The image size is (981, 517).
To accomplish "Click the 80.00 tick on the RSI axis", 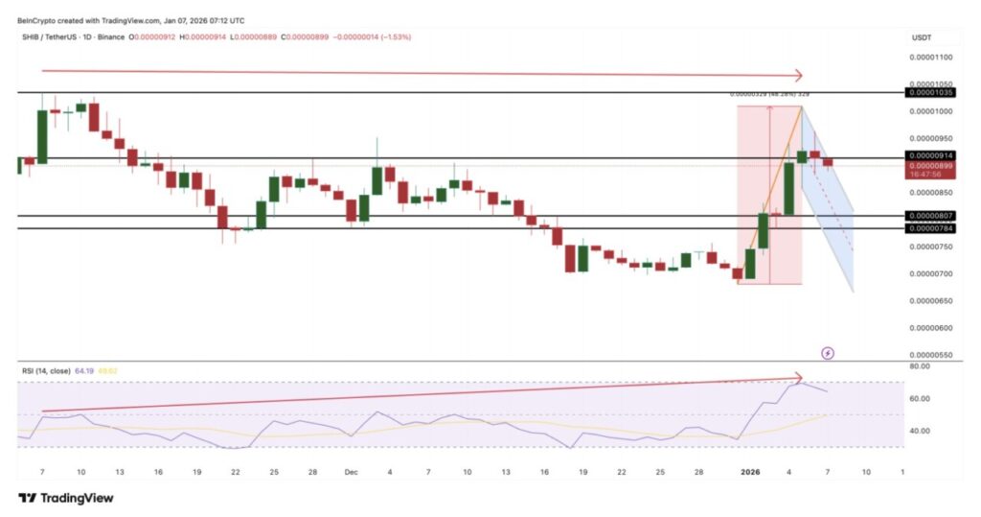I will click(x=921, y=365).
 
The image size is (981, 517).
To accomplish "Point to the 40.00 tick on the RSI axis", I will click(x=921, y=431).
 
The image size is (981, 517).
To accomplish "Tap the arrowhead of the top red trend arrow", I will click(x=797, y=76).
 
